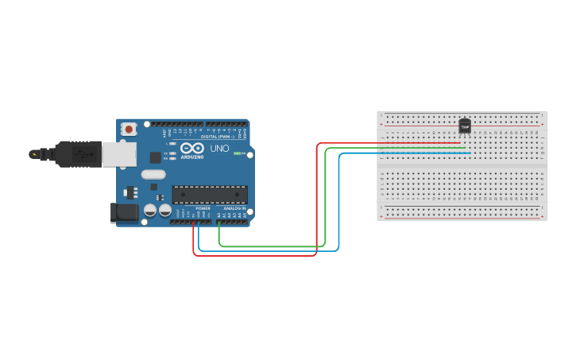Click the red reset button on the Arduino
[x=129, y=129]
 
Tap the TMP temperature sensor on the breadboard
[x=465, y=126]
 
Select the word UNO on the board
[x=219, y=149]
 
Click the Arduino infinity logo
[x=192, y=148]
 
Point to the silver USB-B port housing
[x=119, y=154]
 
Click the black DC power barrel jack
[x=123, y=212]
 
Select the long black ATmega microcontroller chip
[x=210, y=195]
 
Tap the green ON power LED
[x=237, y=153]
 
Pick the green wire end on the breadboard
[x=465, y=148]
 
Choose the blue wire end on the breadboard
[x=470, y=153]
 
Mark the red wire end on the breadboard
[x=460, y=143]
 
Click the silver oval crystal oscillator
[x=153, y=174]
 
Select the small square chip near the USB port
[x=155, y=157]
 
